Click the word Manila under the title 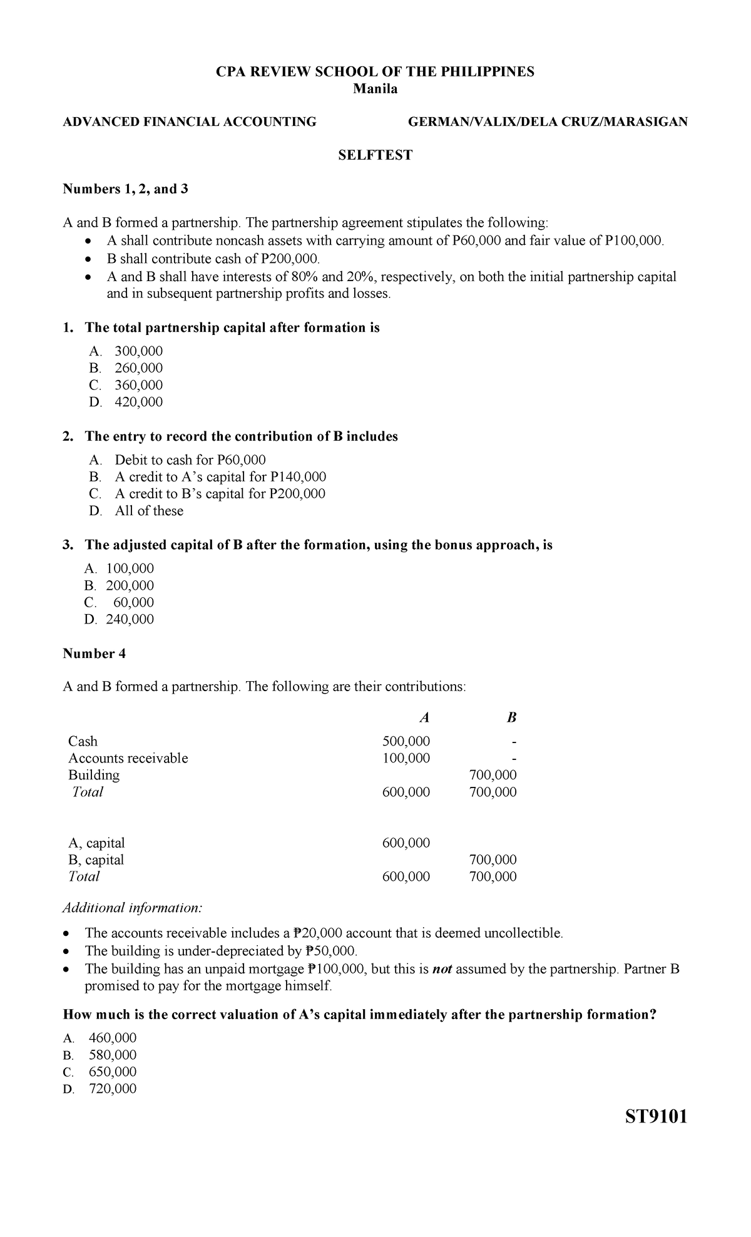click(x=375, y=89)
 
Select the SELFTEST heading click(x=375, y=155)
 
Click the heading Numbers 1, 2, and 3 click(x=125, y=189)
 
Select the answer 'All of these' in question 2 click(x=149, y=511)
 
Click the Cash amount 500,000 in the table click(x=406, y=741)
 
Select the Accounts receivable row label click(x=128, y=758)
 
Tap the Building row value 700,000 click(x=493, y=775)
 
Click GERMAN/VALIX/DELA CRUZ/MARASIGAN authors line click(x=548, y=122)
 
